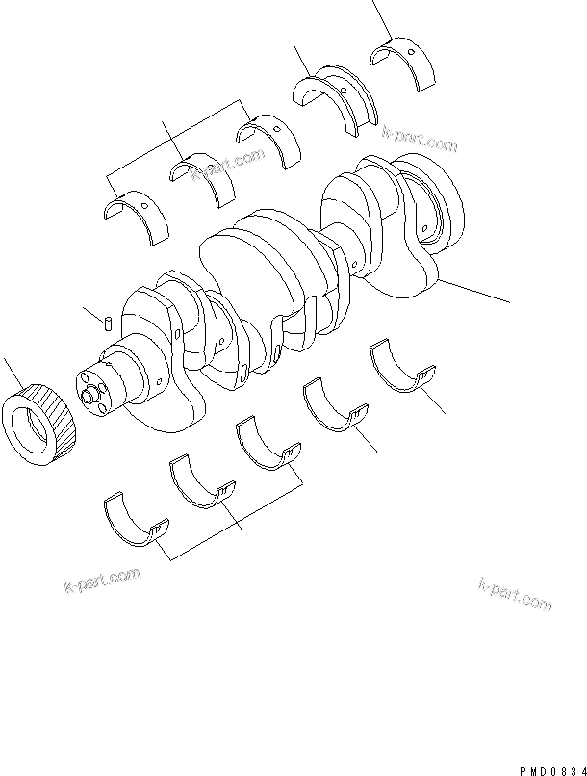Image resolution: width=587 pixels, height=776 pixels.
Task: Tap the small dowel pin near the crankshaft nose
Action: click(112, 321)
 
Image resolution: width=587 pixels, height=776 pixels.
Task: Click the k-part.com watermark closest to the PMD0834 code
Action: click(515, 595)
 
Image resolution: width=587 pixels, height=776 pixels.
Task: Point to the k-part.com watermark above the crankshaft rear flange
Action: click(420, 141)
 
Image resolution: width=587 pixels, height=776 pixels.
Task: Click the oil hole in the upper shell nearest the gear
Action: click(145, 205)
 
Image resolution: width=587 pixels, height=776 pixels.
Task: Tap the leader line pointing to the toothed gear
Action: click(12, 372)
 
